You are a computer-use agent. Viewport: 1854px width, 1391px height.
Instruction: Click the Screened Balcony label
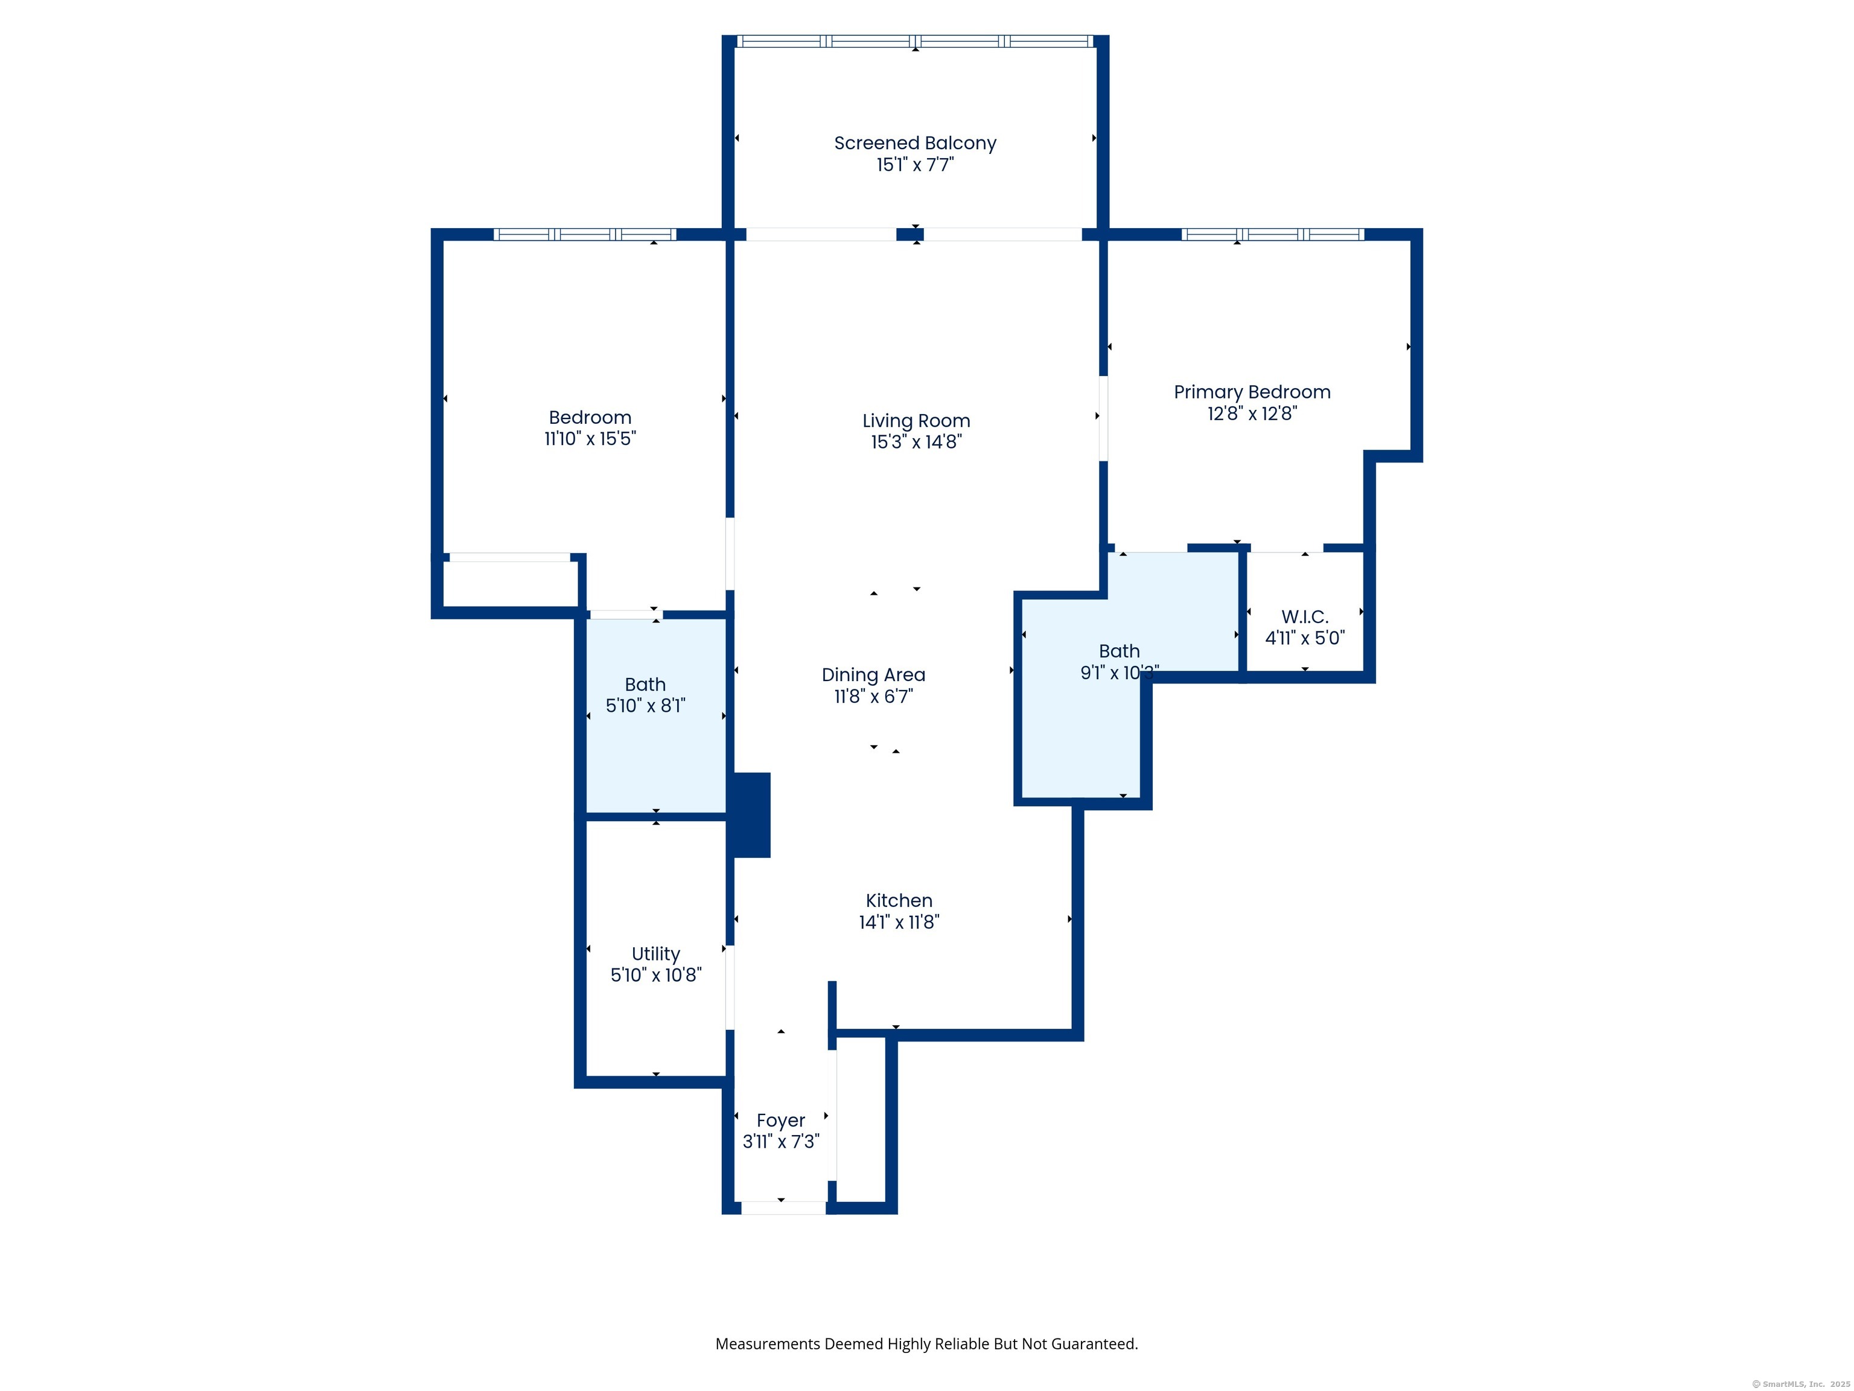coord(914,143)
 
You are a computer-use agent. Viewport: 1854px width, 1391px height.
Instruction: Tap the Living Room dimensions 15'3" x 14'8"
coord(916,442)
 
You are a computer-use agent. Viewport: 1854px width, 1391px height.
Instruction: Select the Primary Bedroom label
coord(1251,392)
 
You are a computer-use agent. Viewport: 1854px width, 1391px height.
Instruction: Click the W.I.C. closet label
coord(1304,616)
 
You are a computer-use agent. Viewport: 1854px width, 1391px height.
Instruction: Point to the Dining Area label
coord(873,675)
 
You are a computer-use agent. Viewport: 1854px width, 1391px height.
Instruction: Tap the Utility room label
coord(655,954)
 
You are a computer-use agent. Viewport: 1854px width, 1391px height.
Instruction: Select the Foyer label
coord(780,1121)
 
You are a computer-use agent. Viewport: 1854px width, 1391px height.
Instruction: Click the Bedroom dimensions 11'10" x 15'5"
coord(590,438)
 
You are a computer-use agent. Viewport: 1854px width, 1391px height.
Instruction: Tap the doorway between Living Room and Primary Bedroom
coord(1103,418)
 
